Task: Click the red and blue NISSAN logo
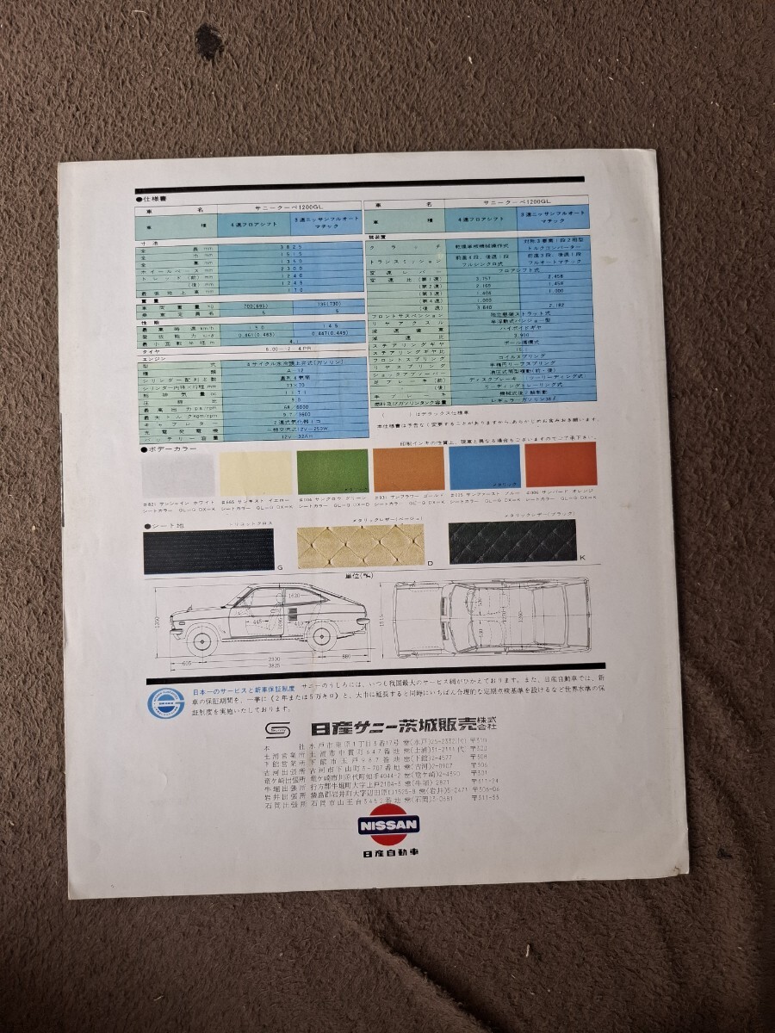point(387,825)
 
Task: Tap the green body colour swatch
point(332,471)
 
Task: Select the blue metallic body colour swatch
point(484,468)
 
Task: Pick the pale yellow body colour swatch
point(255,472)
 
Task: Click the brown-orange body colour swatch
point(408,470)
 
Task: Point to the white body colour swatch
point(177,473)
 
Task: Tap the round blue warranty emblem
point(160,702)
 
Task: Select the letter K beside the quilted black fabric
point(582,557)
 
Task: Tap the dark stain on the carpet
point(209,39)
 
